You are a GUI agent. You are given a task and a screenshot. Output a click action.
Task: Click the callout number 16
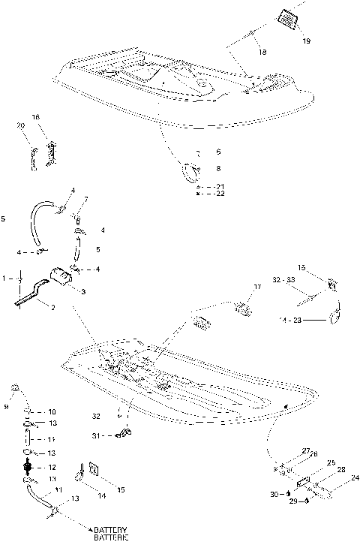[x=35, y=117]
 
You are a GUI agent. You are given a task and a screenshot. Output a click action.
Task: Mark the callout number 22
[x=219, y=194]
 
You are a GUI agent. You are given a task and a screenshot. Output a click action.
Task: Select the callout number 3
[x=82, y=291]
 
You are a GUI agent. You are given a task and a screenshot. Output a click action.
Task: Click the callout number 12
[x=52, y=466]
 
